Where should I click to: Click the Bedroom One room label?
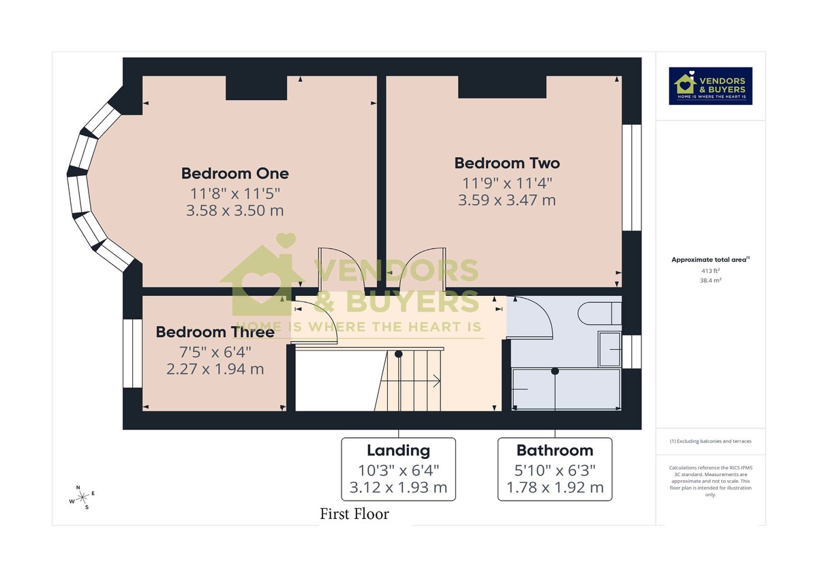tap(234, 173)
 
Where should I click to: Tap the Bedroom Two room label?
tap(506, 163)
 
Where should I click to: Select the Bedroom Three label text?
tap(215, 332)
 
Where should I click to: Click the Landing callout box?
tap(398, 469)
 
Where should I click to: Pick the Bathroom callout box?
tap(554, 469)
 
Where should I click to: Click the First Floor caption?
tap(354, 514)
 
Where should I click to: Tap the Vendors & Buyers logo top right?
tap(710, 86)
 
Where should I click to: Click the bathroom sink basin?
tap(609, 349)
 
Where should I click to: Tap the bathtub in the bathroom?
tap(566, 389)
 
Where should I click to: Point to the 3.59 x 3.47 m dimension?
tap(506, 200)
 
